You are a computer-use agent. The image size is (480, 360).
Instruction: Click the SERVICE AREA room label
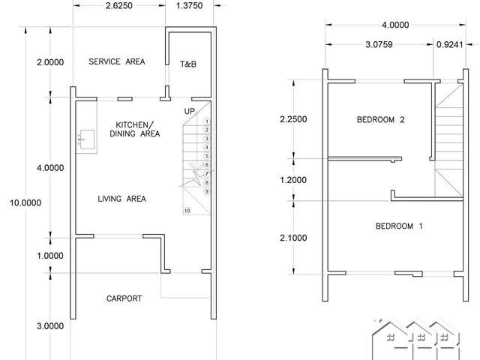point(117,61)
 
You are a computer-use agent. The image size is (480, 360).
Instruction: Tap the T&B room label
point(188,64)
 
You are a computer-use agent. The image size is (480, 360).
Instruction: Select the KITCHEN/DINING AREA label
point(135,129)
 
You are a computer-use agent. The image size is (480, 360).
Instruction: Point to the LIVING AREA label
point(121,199)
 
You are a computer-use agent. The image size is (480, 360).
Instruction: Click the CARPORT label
point(124,298)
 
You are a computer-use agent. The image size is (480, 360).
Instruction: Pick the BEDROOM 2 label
point(380,119)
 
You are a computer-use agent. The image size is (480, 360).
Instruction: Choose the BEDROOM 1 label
point(399,226)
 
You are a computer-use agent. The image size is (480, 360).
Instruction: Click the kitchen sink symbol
point(87,139)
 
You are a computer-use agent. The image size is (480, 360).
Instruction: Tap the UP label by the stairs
point(190,111)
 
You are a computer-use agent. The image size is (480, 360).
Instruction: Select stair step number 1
point(207,121)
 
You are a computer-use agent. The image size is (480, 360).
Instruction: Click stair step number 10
point(187,211)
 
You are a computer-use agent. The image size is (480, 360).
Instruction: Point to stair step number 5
point(207,157)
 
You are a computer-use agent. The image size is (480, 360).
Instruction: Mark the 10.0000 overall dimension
point(25,202)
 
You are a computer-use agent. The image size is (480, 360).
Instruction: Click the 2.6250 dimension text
point(119,5)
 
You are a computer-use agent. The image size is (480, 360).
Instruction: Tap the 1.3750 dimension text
point(189,5)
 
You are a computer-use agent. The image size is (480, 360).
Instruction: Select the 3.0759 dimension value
point(379,45)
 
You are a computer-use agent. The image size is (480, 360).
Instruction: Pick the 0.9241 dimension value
point(450,45)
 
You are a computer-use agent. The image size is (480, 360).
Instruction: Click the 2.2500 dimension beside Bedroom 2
point(293,119)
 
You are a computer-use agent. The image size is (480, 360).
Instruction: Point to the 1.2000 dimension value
point(293,180)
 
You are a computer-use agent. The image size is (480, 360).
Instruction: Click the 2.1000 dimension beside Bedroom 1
point(293,238)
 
